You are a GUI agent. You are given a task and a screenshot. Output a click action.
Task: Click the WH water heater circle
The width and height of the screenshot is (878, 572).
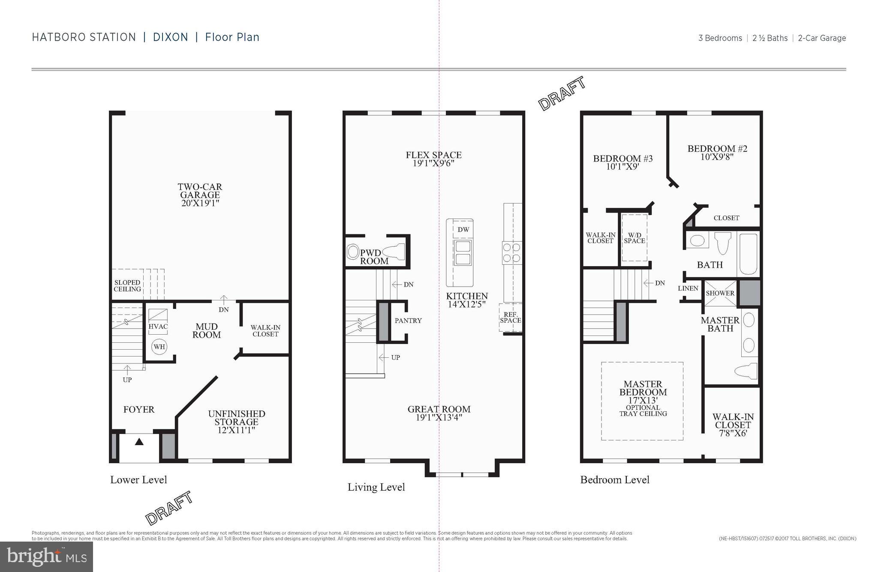pyautogui.click(x=159, y=347)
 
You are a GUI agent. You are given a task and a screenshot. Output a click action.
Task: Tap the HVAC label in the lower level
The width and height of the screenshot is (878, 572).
pyautogui.click(x=158, y=326)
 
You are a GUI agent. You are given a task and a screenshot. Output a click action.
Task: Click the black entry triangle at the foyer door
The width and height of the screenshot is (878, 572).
pyautogui.click(x=139, y=442)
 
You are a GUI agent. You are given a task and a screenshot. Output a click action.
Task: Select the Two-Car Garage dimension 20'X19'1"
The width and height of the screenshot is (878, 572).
pyautogui.click(x=200, y=203)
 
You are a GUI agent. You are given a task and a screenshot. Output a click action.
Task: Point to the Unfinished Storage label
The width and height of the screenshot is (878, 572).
pyautogui.click(x=237, y=418)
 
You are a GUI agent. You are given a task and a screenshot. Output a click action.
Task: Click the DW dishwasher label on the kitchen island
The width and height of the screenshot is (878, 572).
pyautogui.click(x=463, y=230)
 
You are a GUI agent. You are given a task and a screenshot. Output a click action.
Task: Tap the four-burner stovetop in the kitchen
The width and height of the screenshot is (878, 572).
pyautogui.click(x=512, y=253)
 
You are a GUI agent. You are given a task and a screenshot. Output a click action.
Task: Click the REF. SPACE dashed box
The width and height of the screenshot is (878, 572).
pyautogui.click(x=510, y=317)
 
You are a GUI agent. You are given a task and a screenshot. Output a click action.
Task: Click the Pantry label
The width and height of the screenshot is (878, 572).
pyautogui.click(x=408, y=320)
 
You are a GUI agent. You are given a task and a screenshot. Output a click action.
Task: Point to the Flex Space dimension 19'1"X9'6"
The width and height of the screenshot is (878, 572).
pyautogui.click(x=433, y=164)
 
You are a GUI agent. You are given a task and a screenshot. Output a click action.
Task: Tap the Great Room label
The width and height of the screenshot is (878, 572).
pyautogui.click(x=439, y=409)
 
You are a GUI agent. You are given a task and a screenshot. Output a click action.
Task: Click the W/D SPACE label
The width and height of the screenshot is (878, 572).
pyautogui.click(x=634, y=238)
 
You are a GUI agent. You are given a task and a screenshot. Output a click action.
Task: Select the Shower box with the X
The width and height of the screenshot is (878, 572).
pyautogui.click(x=720, y=293)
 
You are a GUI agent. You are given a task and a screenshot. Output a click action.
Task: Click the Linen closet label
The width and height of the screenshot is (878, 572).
pyautogui.click(x=688, y=288)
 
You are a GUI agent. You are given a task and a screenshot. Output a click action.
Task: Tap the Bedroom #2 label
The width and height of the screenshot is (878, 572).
pyautogui.click(x=717, y=149)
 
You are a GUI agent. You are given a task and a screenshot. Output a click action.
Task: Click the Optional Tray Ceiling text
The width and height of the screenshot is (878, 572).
pyautogui.click(x=643, y=410)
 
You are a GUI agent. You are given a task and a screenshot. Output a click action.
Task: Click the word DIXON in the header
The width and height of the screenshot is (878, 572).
pyautogui.click(x=171, y=37)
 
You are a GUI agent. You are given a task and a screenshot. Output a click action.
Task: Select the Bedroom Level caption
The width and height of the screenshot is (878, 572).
pyautogui.click(x=615, y=479)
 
